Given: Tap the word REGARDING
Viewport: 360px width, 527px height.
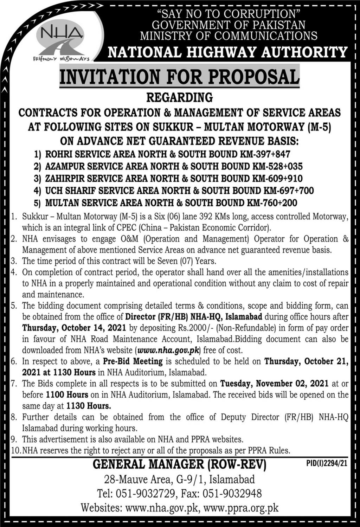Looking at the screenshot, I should (180, 97).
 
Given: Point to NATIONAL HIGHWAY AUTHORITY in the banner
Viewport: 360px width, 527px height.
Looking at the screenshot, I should (227, 52).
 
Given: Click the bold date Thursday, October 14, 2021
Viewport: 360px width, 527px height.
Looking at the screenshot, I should (74, 328).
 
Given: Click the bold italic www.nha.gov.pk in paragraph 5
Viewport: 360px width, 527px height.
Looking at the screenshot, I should (168, 350).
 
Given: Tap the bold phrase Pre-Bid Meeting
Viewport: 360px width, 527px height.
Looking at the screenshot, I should (133, 361).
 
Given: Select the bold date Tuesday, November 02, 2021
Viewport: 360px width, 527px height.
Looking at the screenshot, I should (274, 383).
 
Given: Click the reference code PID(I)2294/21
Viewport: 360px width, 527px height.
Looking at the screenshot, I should (327, 463).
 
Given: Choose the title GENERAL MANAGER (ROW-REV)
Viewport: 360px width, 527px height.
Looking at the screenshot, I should (180, 464).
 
